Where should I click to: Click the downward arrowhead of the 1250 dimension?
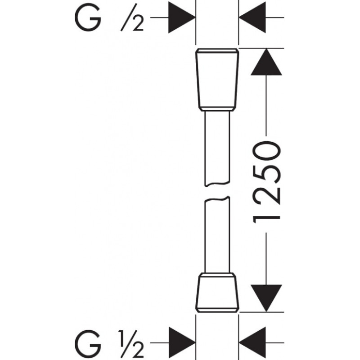click(266, 297)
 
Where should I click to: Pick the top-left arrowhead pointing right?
click(181, 18)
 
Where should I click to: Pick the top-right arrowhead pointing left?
click(253, 18)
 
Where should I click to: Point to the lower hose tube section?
click(217, 236)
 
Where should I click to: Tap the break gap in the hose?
click(217, 192)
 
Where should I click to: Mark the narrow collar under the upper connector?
click(217, 108)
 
